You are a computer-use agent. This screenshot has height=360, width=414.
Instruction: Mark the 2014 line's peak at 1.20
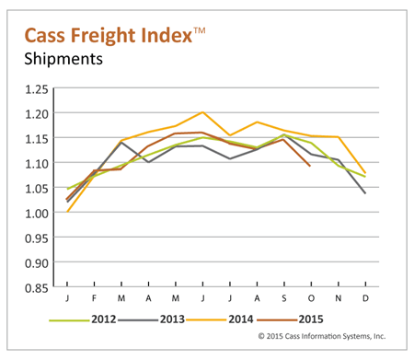[202, 112]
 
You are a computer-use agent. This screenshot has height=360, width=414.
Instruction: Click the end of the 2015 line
[309, 166]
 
